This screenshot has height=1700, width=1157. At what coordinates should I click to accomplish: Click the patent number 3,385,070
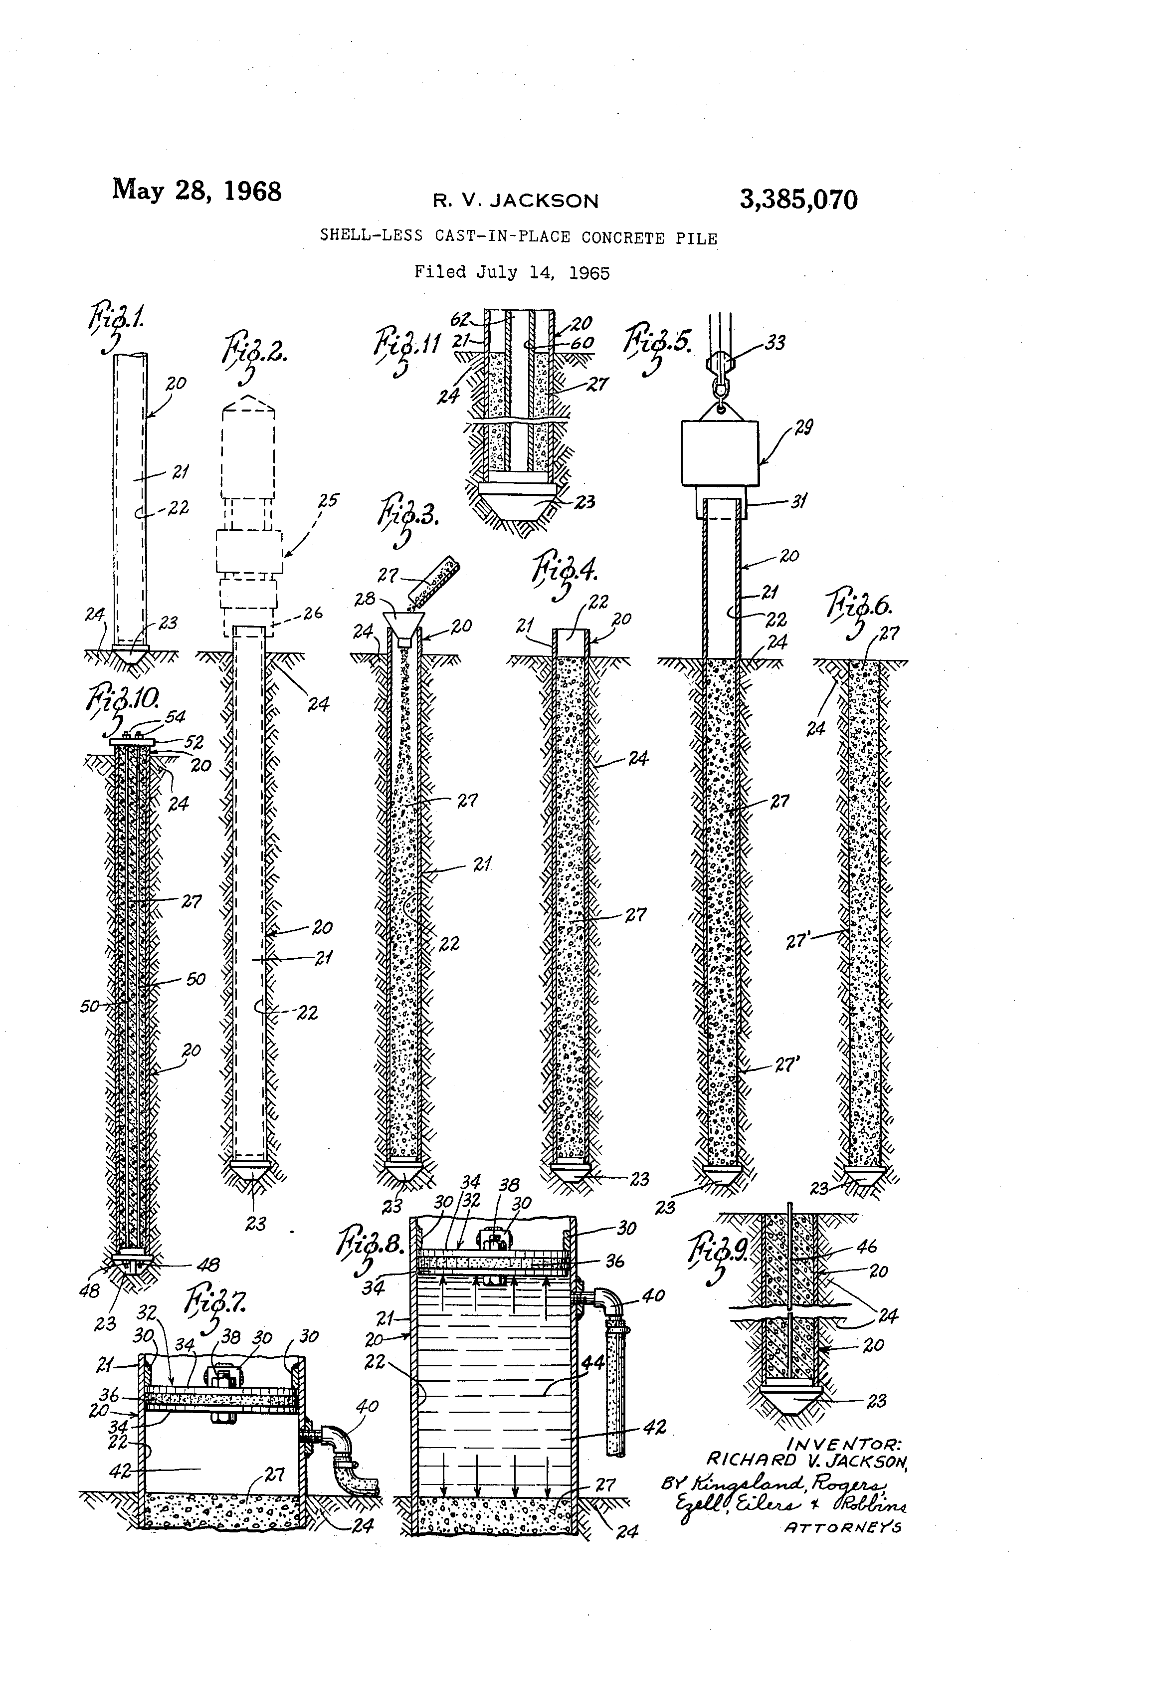click(798, 200)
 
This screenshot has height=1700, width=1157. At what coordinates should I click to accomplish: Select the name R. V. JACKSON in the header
click(516, 201)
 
